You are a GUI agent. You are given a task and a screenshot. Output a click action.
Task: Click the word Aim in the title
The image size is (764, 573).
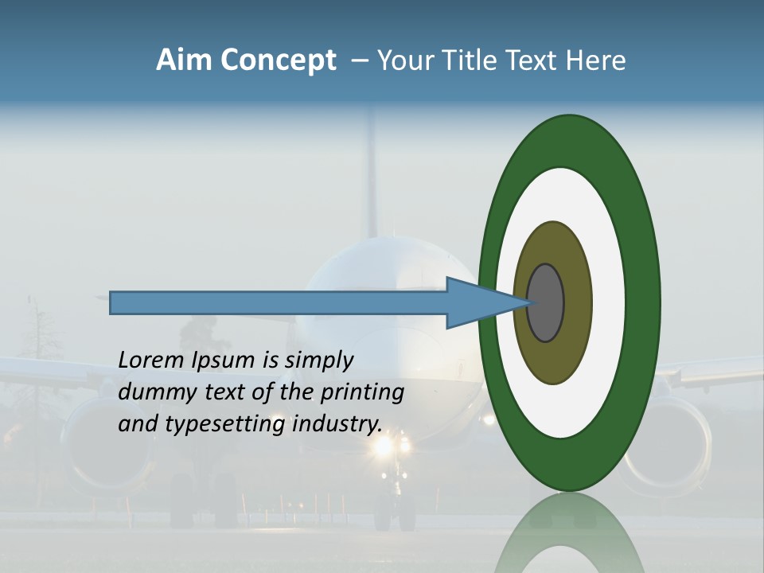pos(184,60)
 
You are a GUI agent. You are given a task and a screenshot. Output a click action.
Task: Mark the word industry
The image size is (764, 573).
pos(337,424)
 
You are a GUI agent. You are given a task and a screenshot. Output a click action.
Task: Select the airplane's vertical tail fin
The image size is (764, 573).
pos(368,175)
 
